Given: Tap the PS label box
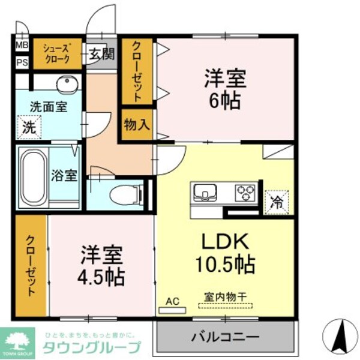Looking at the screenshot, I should click(22, 62).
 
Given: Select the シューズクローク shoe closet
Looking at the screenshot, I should click(58, 54).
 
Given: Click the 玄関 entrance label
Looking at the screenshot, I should click(102, 55).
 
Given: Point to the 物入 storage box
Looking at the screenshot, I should click(137, 125).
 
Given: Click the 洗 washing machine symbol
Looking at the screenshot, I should click(29, 127).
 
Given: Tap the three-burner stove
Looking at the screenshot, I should click(245, 193).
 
